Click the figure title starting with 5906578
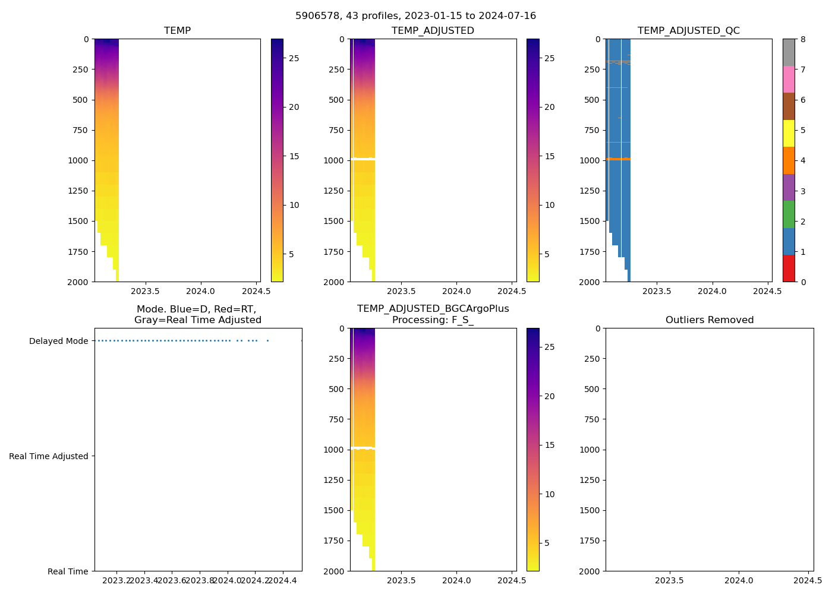(x=415, y=16)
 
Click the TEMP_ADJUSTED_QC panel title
(x=688, y=31)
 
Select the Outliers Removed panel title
(x=709, y=320)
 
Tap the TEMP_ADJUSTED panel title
(x=433, y=31)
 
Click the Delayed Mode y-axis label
(x=58, y=341)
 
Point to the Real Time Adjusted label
(x=48, y=456)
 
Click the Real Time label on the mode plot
(x=68, y=571)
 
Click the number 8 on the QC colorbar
(x=803, y=40)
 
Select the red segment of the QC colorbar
(x=789, y=268)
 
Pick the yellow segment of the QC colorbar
(x=789, y=133)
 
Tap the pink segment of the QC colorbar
(x=789, y=79)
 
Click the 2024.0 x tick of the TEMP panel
(x=200, y=291)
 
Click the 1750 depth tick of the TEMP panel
(x=78, y=252)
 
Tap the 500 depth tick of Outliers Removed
(x=592, y=389)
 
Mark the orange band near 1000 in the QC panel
(x=618, y=159)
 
